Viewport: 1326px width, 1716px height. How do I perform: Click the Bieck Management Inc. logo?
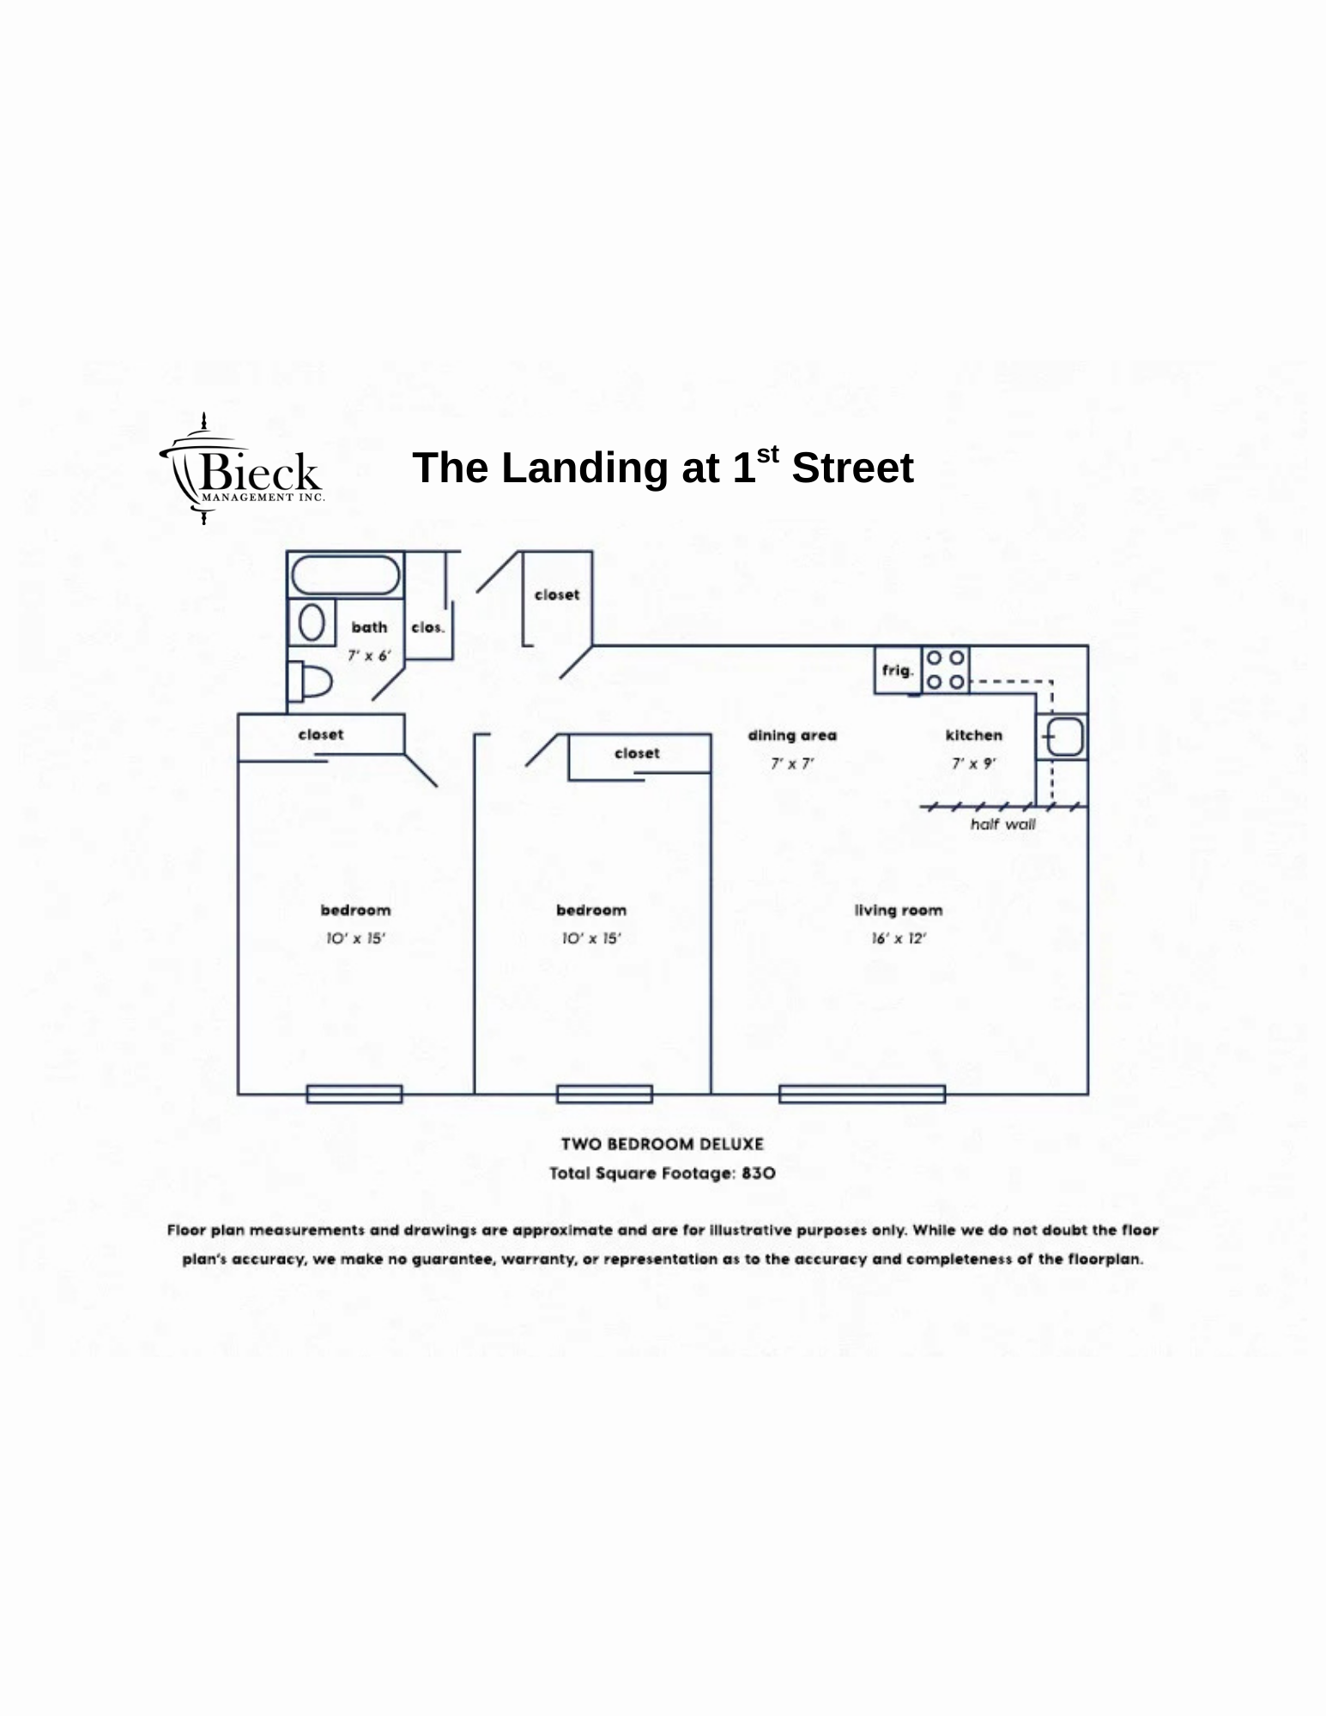pos(241,468)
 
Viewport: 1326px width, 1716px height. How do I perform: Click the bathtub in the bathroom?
pos(345,576)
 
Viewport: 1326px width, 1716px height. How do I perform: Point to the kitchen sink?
pos(1064,737)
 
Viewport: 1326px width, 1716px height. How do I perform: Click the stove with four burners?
pos(945,670)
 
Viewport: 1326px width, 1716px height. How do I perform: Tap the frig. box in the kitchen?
pos(898,670)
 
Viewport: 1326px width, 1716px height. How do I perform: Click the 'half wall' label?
pos(1002,825)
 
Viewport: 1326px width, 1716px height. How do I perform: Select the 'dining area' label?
pos(791,735)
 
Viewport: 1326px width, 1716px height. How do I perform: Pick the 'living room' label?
pos(898,910)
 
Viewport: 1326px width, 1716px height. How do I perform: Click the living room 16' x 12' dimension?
pos(899,939)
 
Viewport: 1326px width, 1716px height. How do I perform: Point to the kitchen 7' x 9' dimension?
pos(973,764)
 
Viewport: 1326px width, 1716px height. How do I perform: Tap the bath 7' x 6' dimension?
pos(368,656)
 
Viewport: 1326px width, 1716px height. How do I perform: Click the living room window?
pos(862,1094)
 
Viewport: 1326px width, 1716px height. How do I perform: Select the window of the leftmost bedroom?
pos(354,1094)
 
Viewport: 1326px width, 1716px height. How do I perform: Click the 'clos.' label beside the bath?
pos(427,627)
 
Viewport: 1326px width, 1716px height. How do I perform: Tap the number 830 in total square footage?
pos(758,1173)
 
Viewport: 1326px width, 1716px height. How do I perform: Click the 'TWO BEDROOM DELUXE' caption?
pos(662,1144)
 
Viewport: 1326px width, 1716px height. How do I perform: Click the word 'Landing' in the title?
pos(584,469)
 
